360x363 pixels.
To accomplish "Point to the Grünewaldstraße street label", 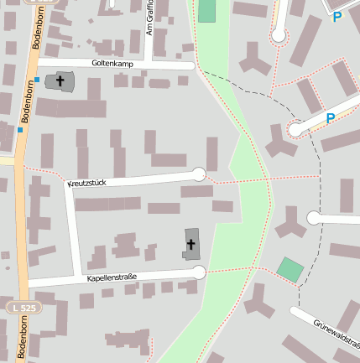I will tap(337, 332).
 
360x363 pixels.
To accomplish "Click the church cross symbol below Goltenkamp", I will tap(60, 81).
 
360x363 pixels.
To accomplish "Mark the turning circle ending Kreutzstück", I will tap(199, 174).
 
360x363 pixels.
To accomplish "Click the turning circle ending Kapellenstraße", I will tap(199, 272).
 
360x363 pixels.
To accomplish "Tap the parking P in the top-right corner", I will tap(337, 16).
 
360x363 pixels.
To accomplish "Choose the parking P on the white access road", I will tap(331, 119).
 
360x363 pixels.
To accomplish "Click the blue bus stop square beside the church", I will tap(38, 79).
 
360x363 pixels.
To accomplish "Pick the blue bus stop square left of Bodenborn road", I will tap(19, 130).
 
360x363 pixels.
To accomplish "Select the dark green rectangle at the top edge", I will tap(206, 11).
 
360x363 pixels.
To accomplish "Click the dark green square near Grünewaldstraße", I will tap(290, 270).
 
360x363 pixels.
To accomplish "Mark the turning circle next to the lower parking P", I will tap(295, 129).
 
